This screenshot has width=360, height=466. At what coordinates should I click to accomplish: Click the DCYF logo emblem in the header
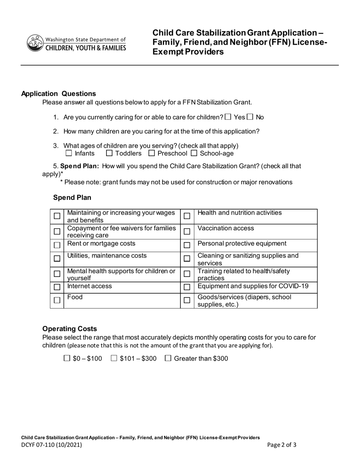[x=34, y=43]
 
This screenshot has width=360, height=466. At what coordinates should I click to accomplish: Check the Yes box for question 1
[x=228, y=117]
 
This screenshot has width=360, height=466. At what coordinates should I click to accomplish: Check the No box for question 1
[x=250, y=117]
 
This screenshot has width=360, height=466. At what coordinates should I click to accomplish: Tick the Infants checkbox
[x=69, y=153]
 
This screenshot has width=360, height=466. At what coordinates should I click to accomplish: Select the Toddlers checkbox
[x=109, y=153]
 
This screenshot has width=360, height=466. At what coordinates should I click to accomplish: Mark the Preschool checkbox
[x=152, y=153]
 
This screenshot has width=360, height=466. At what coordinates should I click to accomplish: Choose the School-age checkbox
[x=194, y=153]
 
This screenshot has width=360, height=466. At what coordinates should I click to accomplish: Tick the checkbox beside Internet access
[x=57, y=287]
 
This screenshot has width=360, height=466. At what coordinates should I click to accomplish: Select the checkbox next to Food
[x=57, y=300]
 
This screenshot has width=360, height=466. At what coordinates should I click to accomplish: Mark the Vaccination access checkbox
[x=187, y=231]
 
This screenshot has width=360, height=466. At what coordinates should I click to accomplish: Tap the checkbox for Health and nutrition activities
[x=187, y=216]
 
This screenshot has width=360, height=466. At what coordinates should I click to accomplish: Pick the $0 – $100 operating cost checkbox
[x=67, y=358]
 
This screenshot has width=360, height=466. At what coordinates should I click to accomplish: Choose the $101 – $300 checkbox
[x=114, y=358]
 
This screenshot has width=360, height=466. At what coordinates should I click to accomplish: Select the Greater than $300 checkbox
[x=168, y=358]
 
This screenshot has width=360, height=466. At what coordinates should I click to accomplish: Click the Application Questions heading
[x=58, y=94]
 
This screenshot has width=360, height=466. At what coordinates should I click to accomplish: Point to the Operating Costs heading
[x=69, y=329]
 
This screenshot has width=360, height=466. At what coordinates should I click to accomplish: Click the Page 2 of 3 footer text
[x=282, y=445]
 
